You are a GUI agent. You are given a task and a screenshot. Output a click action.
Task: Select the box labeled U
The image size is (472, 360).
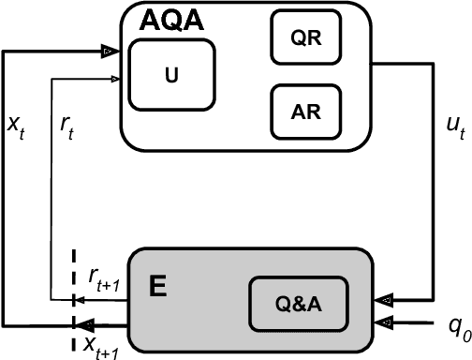170,77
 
